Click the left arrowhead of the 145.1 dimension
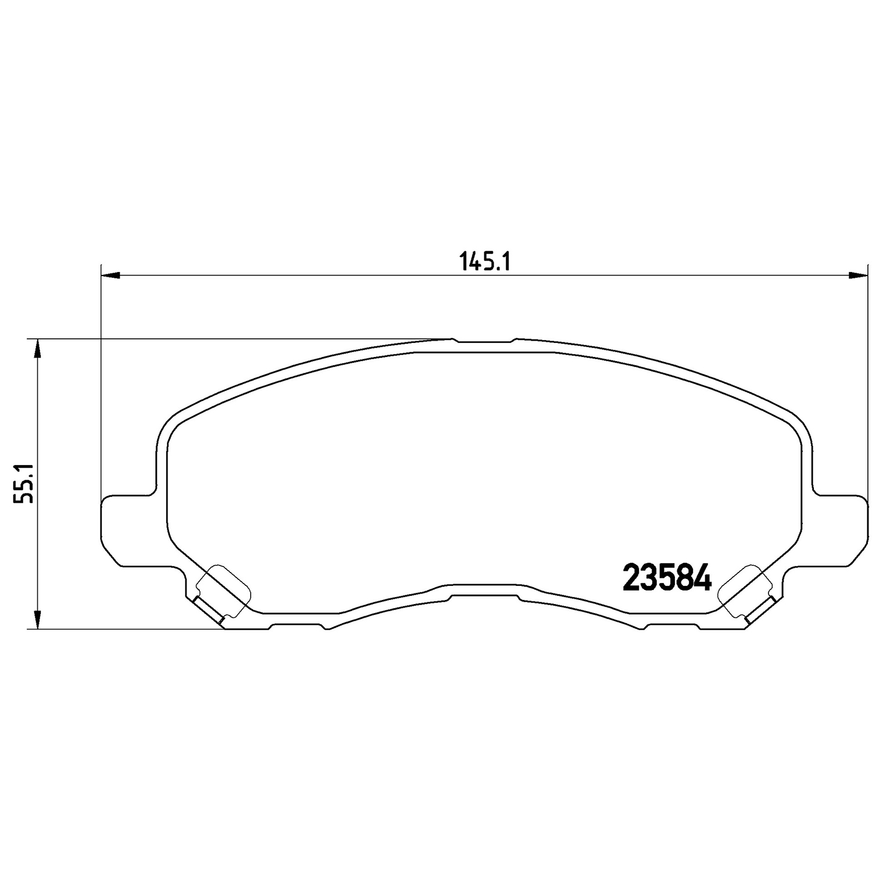coord(110,274)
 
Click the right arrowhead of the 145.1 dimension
coord(858,274)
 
